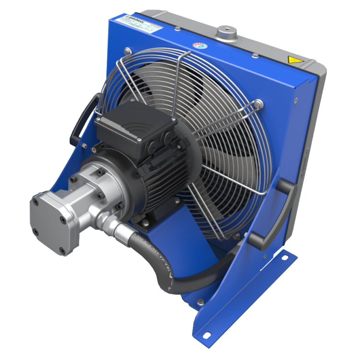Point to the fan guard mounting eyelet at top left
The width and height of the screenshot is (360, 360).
[x=127, y=49]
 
